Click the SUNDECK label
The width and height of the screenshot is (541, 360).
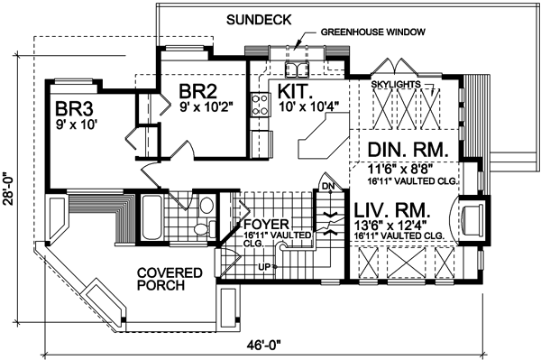259,20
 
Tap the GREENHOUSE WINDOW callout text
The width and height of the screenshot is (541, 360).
373,32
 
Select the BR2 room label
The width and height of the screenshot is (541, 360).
198,91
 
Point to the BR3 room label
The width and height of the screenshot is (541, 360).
74,109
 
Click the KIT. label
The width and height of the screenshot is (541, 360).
293,91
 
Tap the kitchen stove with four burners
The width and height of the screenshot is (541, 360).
260,105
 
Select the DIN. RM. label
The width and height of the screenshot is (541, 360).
408,150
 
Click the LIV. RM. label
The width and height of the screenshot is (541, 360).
392,209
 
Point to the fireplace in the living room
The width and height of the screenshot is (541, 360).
472,220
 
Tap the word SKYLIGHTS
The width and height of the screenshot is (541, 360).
396,84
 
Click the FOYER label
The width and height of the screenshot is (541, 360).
266,225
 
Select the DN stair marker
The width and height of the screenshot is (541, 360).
328,187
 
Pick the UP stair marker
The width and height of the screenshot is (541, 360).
264,266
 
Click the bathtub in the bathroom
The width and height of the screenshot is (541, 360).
151,217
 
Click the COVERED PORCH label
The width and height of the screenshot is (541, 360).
170,279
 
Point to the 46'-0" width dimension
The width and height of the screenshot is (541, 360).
264,344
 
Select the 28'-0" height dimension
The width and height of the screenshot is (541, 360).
9,189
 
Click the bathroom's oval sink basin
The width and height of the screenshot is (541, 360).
207,206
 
